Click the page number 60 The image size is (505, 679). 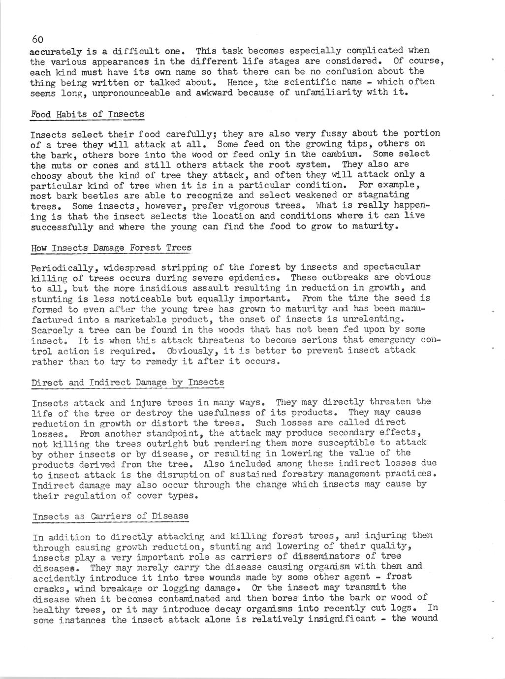[x=38, y=39]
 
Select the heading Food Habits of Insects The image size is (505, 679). [x=88, y=114]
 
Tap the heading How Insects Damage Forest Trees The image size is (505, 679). [x=111, y=247]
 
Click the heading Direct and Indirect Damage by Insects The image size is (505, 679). [x=128, y=382]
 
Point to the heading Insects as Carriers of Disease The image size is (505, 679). [x=111, y=516]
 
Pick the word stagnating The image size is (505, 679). [x=401, y=195]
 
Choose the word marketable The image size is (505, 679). [x=114, y=319]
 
